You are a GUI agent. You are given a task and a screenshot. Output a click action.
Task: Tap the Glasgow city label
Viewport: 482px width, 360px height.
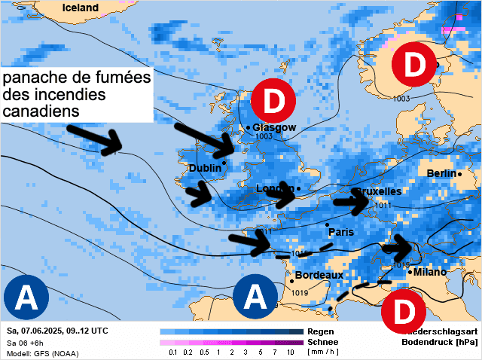[x=274, y=127]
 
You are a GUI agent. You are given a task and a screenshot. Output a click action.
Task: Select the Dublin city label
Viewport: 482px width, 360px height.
[x=204, y=168]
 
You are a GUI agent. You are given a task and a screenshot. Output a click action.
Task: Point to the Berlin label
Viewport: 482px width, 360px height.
[x=441, y=174]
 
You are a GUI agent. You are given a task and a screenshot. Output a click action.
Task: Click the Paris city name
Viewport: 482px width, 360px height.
[x=340, y=232]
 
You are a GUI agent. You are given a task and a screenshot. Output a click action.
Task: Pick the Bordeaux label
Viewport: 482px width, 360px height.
[x=319, y=276]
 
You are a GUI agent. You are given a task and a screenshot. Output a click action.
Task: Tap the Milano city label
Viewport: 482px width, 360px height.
[x=429, y=272]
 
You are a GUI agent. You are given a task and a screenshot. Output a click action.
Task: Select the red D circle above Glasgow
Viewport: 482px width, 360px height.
[x=273, y=100]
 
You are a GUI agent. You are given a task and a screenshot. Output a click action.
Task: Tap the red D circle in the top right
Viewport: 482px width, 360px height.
[x=415, y=66]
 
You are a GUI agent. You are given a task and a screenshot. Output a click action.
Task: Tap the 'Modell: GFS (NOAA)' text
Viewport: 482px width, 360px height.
[x=41, y=353]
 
